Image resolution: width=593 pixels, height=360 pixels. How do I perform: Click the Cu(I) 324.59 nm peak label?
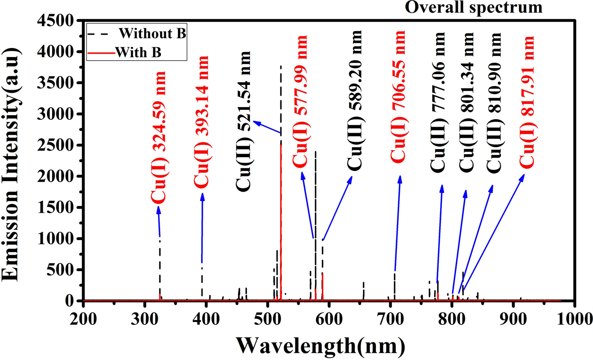pyautogui.click(x=158, y=137)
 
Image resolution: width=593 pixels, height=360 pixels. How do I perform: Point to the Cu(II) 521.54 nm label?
pyautogui.click(x=244, y=119)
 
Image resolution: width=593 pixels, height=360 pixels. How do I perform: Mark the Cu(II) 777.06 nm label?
pyautogui.click(x=438, y=102)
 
